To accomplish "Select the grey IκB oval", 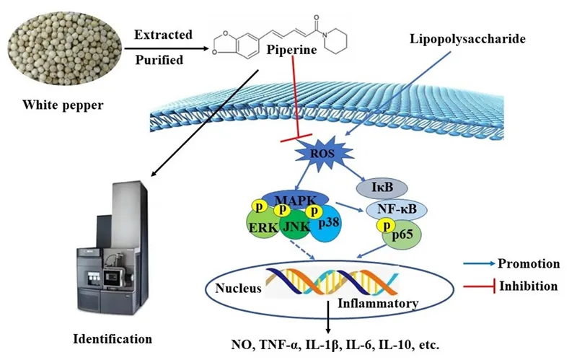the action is point(382,188).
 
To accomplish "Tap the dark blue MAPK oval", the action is point(296,200).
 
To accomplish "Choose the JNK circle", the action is point(296,225).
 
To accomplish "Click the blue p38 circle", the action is point(327,223).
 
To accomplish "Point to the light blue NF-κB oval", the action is point(396,209).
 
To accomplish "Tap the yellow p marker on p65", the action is point(386,225).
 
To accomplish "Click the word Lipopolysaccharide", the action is point(467,39).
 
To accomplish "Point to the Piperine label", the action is point(291,50).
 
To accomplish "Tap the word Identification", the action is point(113,338).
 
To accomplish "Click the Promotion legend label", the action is point(529,263).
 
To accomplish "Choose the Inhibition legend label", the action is point(528,286).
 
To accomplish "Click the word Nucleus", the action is point(238,288).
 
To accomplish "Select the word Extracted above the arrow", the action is point(163,35).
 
